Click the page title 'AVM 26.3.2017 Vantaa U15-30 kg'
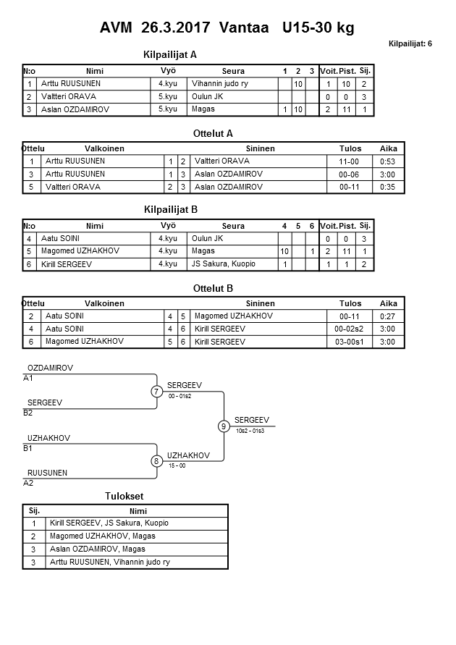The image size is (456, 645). click(x=227, y=28)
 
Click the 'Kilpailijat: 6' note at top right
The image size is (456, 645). click(x=410, y=44)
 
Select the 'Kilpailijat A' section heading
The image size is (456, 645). click(x=171, y=54)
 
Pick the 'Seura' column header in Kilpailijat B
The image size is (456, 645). click(x=233, y=226)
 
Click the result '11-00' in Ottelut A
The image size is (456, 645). click(x=350, y=161)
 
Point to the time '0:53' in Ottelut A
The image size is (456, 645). click(x=389, y=161)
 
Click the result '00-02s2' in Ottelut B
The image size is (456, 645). click(x=350, y=329)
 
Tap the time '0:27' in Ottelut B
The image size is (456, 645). click(x=388, y=316)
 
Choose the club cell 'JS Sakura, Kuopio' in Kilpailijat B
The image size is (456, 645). click(x=224, y=264)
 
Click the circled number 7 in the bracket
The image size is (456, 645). click(x=156, y=392)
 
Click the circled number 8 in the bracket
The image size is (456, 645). click(x=156, y=460)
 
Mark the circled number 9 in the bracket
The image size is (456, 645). click(x=224, y=426)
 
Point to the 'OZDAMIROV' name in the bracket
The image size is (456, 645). click(x=51, y=368)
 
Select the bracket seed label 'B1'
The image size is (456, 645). click(x=28, y=448)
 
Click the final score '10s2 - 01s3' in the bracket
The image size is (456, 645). click(x=250, y=431)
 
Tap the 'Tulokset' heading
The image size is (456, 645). click(x=124, y=496)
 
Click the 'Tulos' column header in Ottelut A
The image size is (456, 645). click(x=350, y=148)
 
